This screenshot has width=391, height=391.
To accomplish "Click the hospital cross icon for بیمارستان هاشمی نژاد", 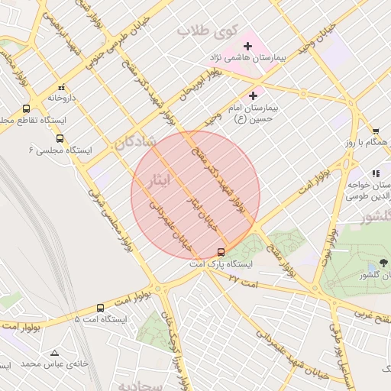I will (x=247, y=47).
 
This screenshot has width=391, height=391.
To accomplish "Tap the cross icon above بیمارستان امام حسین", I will (x=253, y=95).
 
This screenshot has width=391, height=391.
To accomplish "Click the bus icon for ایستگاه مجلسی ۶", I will (x=60, y=139).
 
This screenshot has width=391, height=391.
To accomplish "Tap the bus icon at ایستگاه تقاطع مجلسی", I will (x=27, y=108).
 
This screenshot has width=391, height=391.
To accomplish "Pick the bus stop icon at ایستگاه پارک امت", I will (x=221, y=252).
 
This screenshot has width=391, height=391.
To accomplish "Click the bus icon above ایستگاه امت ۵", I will (x=100, y=308).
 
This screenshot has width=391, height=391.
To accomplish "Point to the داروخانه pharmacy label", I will (x=63, y=98).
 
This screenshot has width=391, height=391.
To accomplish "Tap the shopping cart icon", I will (x=376, y=131).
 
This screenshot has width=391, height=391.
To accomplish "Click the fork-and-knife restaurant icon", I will (x=375, y=174).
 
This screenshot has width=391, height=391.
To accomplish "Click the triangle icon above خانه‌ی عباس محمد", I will (x=53, y=353).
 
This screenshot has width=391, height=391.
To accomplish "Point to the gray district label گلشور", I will (x=374, y=217).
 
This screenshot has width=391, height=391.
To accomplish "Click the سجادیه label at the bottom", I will (x=162, y=386).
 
